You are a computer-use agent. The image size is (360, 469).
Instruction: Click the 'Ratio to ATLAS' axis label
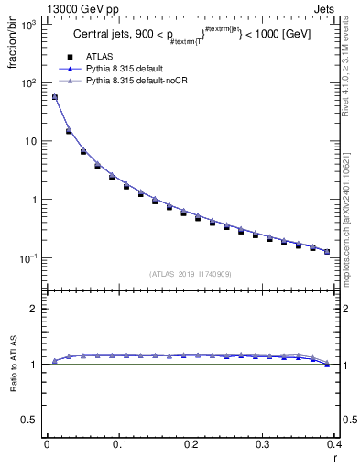tap(14, 365)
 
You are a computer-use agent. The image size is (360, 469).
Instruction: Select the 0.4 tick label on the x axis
tap(335, 445)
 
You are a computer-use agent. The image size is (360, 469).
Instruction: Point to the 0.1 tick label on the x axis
tap(119, 445)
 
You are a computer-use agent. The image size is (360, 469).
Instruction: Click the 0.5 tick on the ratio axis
tap(32, 420)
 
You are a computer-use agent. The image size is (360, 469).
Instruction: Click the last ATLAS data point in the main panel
tap(327, 251)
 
